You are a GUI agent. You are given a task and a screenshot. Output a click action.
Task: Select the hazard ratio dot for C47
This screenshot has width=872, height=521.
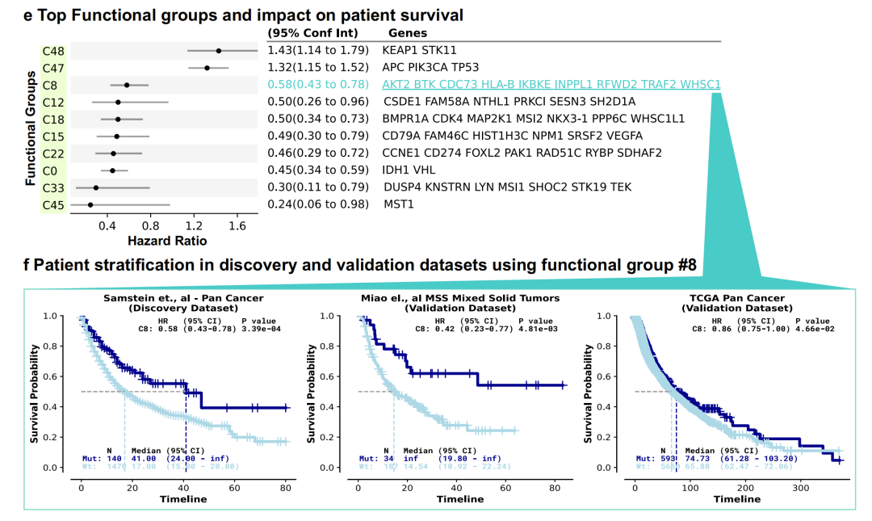coord(207,68)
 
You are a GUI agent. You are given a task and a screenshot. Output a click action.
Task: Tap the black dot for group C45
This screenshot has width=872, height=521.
coord(90,205)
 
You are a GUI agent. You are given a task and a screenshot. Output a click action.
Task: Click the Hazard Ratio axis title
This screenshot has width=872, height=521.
coord(167,241)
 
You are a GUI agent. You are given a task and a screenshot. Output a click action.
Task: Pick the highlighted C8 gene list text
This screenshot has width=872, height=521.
coord(552,85)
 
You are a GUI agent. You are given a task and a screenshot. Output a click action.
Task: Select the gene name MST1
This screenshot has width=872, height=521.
coord(399,204)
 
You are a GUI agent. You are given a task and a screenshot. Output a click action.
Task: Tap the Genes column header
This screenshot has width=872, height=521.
coord(409,33)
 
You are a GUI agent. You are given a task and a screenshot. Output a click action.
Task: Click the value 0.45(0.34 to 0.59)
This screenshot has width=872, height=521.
coord(317,170)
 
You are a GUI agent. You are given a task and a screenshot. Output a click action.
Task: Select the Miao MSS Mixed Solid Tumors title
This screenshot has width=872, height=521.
coord(459,298)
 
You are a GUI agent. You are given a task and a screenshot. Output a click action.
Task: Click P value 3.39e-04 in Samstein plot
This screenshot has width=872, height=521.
coord(264,329)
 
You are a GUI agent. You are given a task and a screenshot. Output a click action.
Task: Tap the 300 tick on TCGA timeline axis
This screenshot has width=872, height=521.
coord(800,489)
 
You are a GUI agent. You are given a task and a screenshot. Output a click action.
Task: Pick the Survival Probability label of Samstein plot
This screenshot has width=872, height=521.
coord(36,392)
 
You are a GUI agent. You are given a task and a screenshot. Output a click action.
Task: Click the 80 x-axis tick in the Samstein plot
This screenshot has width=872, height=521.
coord(285,489)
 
